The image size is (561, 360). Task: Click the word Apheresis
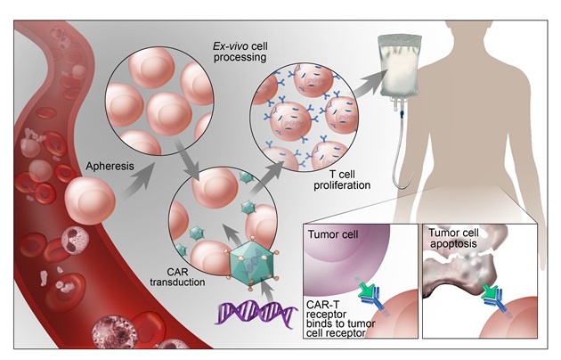tap(110, 166)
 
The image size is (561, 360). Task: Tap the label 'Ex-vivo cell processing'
tap(240, 52)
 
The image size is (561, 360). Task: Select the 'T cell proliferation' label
tap(342, 180)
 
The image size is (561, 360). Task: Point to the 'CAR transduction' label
tap(177, 276)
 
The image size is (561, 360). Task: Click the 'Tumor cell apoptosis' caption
tap(453, 238)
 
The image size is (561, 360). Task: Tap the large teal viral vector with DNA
tap(253, 261)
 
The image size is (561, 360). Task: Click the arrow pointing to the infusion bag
tap(371, 82)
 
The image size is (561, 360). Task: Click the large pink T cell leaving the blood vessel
tap(90, 200)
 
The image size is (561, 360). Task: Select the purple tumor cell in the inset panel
tap(344, 253)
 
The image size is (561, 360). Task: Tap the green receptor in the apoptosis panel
tap(489, 290)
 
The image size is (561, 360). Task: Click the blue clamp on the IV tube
tap(402, 115)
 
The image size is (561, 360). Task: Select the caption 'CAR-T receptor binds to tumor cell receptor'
tap(340, 319)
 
